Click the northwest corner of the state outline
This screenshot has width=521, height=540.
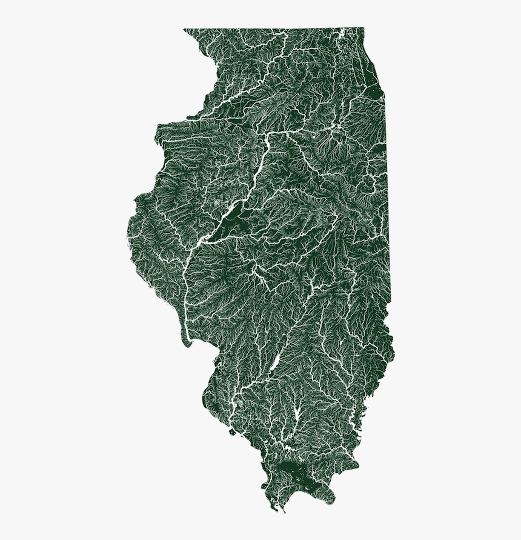tap(185, 28)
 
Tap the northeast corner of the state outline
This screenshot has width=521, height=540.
tap(363, 28)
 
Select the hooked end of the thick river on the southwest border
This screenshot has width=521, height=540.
tap(186, 342)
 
